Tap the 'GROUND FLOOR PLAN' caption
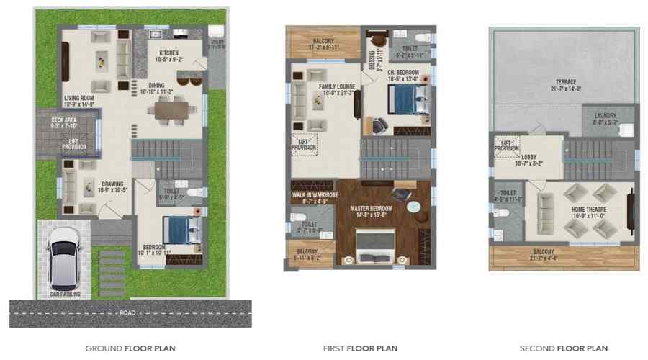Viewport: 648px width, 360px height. (x=130, y=348)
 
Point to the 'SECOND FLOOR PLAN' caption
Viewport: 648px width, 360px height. (x=564, y=348)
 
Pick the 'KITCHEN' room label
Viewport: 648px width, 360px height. (x=170, y=53)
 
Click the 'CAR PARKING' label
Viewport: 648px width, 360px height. (x=64, y=294)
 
